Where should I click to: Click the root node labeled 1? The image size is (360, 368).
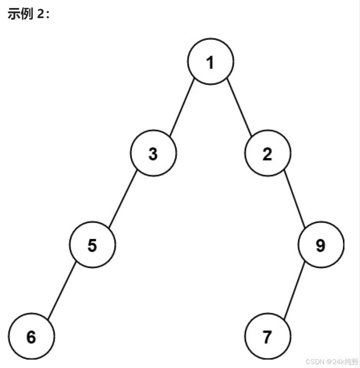coord(210,61)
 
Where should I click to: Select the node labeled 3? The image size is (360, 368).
coord(153,154)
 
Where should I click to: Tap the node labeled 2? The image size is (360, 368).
coord(267,154)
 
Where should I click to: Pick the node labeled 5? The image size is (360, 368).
coord(93,245)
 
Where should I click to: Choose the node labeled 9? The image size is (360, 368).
coord(321,245)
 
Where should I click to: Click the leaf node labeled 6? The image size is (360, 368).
coord(32,337)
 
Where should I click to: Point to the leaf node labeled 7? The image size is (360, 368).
coord(267,337)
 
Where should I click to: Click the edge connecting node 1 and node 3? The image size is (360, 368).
coord(182,107)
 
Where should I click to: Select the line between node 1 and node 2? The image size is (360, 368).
coord(239,107)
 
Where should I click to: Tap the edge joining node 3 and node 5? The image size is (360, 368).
coord(123,199)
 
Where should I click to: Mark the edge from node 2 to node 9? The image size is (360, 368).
coord(294,199)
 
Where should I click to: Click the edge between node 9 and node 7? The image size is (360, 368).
coord(294,291)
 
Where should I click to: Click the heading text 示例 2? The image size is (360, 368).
coord(29,14)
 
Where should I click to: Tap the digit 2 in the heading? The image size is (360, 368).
coord(40,14)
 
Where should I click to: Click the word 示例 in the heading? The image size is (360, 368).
coord(20,14)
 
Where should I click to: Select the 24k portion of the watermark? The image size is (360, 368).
coord(338,362)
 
